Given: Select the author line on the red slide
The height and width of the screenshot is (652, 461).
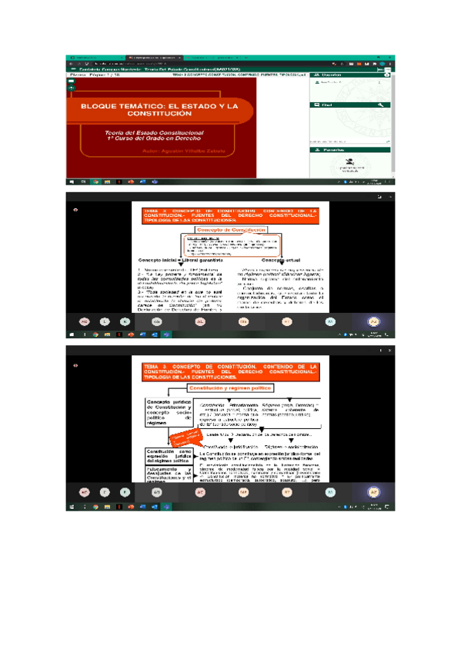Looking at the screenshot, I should tap(183, 151).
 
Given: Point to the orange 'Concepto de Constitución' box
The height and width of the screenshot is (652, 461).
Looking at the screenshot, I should tap(231, 230).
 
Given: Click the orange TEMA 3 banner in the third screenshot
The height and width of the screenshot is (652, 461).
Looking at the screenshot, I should tap(230, 373).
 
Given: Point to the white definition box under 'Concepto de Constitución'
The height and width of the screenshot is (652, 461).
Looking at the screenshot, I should tap(231, 244).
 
